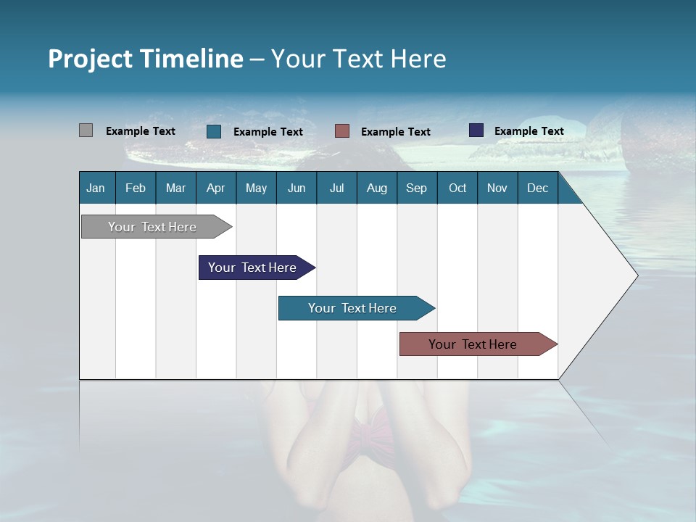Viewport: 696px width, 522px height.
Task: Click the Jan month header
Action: pos(96,188)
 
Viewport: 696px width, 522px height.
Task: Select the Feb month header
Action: pos(136,188)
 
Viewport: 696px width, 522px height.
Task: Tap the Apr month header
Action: pos(215,188)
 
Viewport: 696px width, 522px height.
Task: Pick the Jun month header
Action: pos(297,188)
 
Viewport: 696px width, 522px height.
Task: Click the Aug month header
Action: pos(376,188)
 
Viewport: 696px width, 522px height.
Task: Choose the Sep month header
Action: pos(416,188)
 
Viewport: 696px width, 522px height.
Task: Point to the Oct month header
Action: pos(457,188)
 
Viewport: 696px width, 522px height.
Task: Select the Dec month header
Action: pos(537,188)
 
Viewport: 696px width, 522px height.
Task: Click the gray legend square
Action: pos(86,130)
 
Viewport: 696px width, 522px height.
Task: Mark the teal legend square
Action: pos(214,131)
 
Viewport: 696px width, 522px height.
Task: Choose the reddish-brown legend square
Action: pos(342,131)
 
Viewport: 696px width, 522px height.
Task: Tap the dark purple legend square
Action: pos(476,130)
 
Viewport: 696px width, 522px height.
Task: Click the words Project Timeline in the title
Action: pos(146,59)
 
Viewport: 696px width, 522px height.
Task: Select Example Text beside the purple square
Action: pos(529,131)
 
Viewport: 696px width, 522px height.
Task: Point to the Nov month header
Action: pos(497,188)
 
